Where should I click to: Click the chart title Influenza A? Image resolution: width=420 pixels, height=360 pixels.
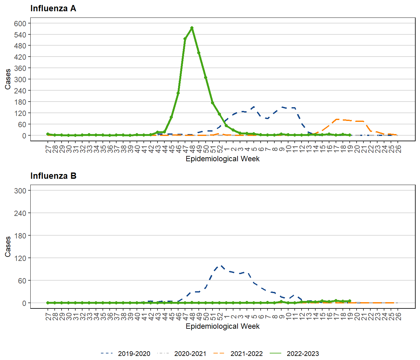point(53,8)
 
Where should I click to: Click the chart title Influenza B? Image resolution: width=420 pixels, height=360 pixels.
point(53,176)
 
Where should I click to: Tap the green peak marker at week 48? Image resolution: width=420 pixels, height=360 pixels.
point(192,28)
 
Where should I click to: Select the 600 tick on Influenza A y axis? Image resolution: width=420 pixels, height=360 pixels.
point(20,23)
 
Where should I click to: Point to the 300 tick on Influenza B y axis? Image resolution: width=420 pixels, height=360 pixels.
point(20,191)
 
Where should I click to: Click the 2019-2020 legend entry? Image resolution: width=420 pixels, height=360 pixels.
point(134,354)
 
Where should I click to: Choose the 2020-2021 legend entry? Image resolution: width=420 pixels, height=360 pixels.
point(190,354)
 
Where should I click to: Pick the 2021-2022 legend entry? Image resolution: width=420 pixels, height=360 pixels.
point(246,354)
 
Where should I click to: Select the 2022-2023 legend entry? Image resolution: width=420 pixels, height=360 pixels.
point(302,354)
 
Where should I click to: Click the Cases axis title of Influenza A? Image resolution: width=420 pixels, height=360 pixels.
point(8,79)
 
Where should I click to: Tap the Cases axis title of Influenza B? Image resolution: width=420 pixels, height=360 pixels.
point(8,247)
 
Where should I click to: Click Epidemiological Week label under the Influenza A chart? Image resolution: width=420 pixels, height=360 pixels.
point(222,159)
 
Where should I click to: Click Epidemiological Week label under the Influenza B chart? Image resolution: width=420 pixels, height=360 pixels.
point(222,326)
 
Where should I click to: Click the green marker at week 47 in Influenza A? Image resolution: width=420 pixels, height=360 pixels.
point(185,39)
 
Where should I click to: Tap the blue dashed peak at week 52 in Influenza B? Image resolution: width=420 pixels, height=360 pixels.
point(221,266)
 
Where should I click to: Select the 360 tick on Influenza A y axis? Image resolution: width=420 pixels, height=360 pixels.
point(20,68)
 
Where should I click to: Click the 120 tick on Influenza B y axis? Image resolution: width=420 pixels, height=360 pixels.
point(20,258)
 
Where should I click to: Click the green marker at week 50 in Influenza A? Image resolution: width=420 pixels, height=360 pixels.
point(206,77)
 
